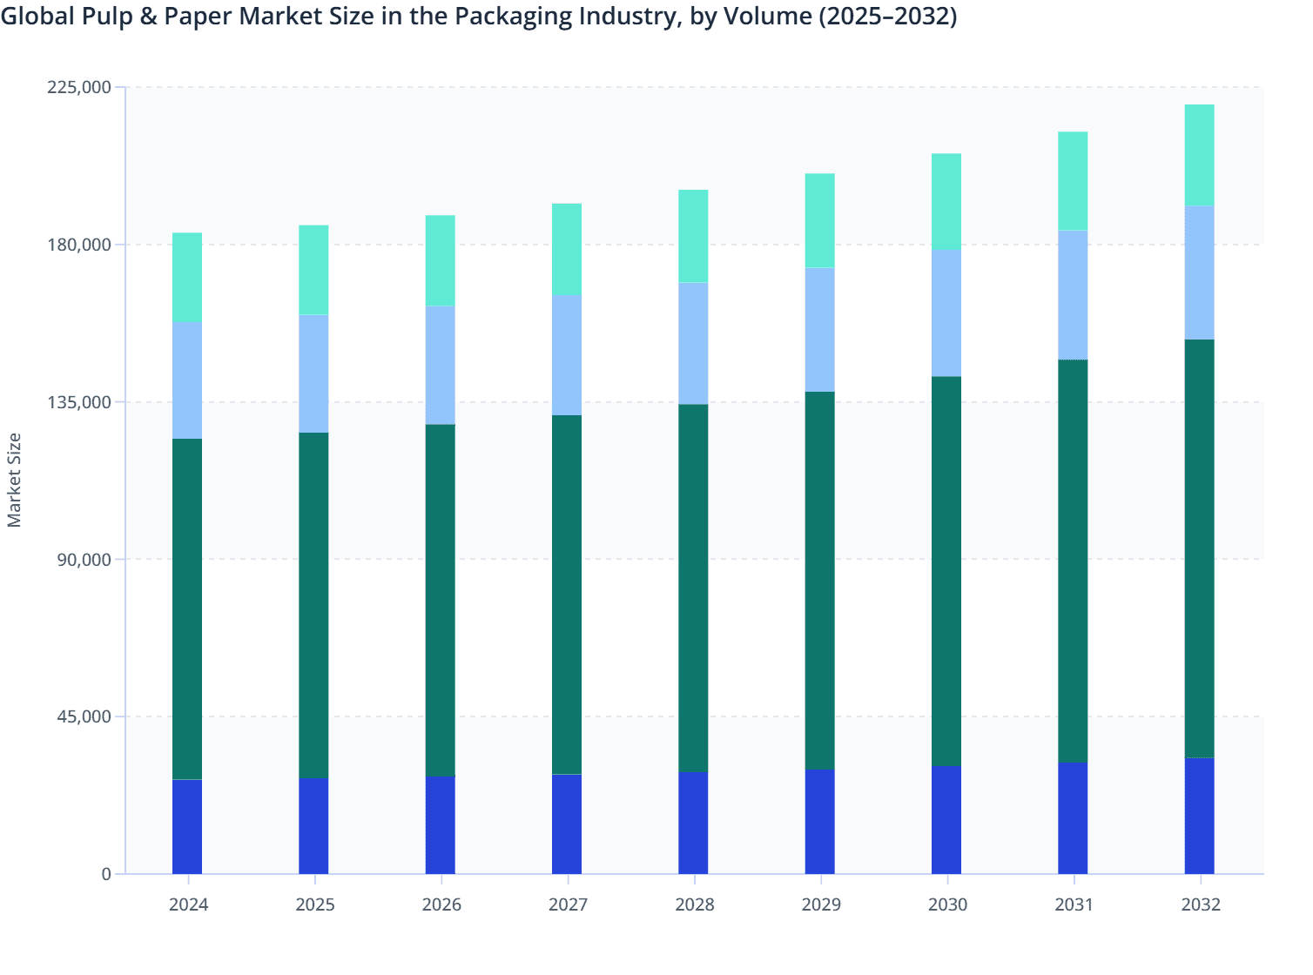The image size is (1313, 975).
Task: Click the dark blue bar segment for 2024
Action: coord(187,826)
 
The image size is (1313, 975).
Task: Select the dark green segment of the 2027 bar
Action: coord(567,595)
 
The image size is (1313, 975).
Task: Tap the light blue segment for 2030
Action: coord(946,313)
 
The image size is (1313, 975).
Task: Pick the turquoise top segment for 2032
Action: coord(1199,155)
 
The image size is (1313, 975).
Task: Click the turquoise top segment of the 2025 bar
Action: coord(313,270)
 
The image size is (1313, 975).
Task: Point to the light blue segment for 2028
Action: coord(693,343)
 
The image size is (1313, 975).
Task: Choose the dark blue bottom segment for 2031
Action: coord(1073,817)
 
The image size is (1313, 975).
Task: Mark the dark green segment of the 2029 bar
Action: coord(819,580)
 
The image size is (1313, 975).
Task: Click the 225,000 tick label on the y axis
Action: coord(77,87)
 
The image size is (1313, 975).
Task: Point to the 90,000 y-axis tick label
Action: coord(83,559)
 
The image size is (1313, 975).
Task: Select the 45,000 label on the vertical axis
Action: coord(83,716)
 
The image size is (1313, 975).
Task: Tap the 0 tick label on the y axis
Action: coord(106,874)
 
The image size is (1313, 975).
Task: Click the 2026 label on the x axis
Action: coord(441,904)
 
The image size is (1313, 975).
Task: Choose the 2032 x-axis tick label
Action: coord(1200,904)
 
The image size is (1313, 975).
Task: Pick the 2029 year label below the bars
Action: coord(820,904)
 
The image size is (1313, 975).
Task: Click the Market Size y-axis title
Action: coord(15,480)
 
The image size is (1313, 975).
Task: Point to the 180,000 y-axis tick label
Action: coord(77,245)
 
